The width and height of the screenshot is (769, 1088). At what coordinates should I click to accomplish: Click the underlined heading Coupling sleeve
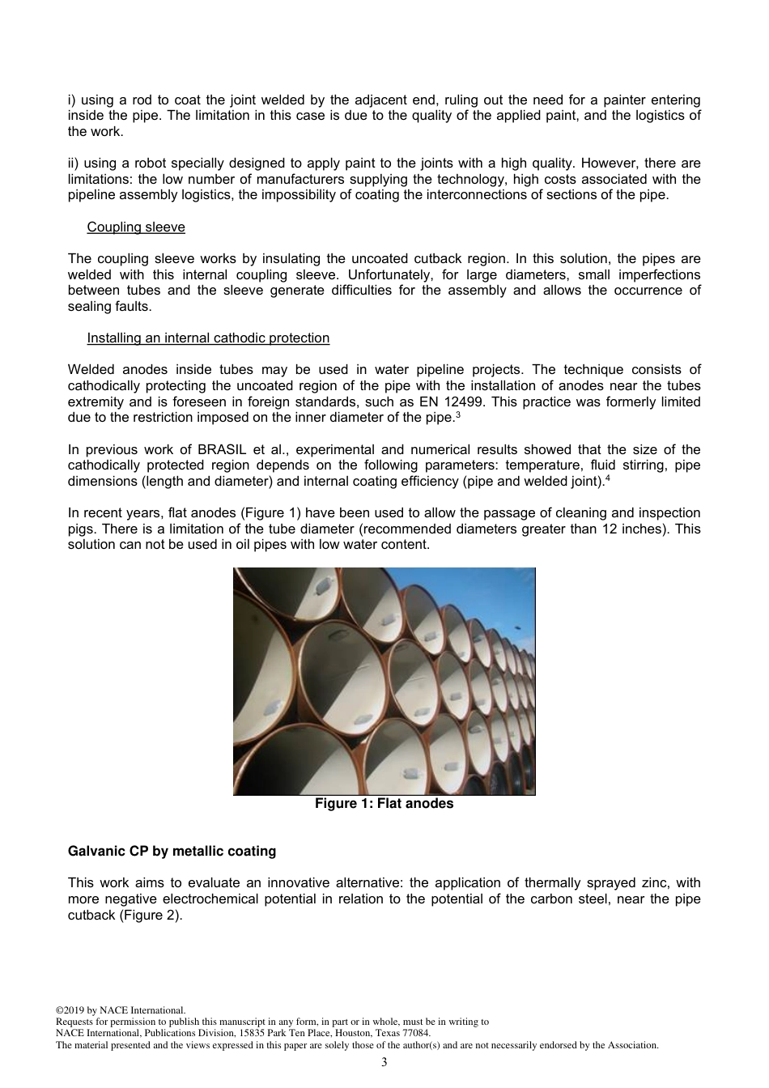click(x=136, y=227)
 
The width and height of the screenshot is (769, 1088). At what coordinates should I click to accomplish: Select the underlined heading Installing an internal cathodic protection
click(x=208, y=338)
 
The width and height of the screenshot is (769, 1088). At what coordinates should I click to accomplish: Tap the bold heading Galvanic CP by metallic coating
click(x=172, y=852)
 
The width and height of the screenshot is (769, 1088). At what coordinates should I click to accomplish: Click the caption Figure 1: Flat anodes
click(x=384, y=804)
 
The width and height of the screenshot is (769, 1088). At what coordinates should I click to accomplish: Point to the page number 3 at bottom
click(x=384, y=1062)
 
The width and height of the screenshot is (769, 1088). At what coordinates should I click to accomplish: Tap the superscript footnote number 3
click(x=458, y=414)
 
